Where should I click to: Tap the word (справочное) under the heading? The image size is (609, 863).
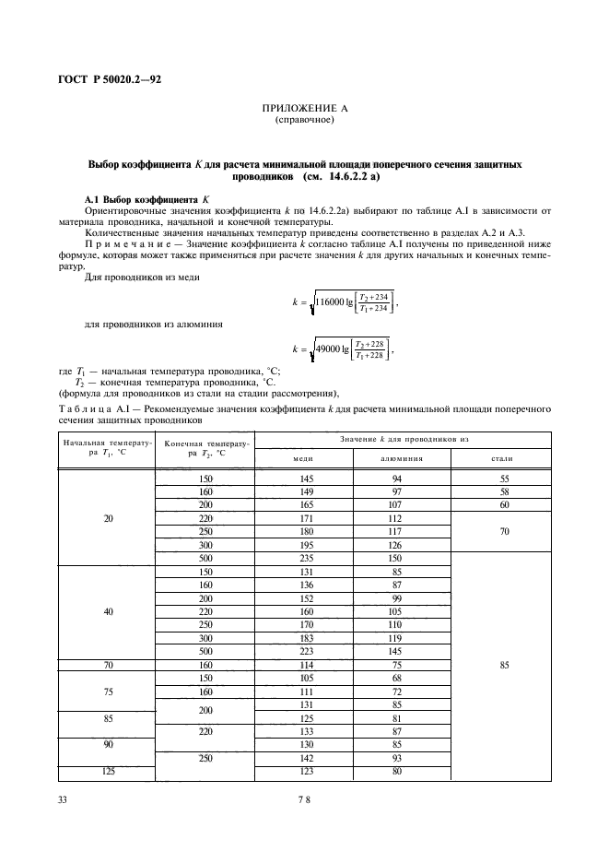[x=304, y=120]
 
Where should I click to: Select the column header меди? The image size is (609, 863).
[x=304, y=457]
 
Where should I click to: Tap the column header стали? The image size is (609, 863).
[x=504, y=457]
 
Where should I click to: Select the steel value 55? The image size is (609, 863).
[x=504, y=480]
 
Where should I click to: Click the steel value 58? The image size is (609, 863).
[x=504, y=492]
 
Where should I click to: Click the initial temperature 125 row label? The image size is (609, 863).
[x=108, y=771]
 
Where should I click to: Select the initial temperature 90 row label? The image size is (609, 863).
[x=108, y=745]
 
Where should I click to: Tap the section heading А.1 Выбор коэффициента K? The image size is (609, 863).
[x=147, y=198]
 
